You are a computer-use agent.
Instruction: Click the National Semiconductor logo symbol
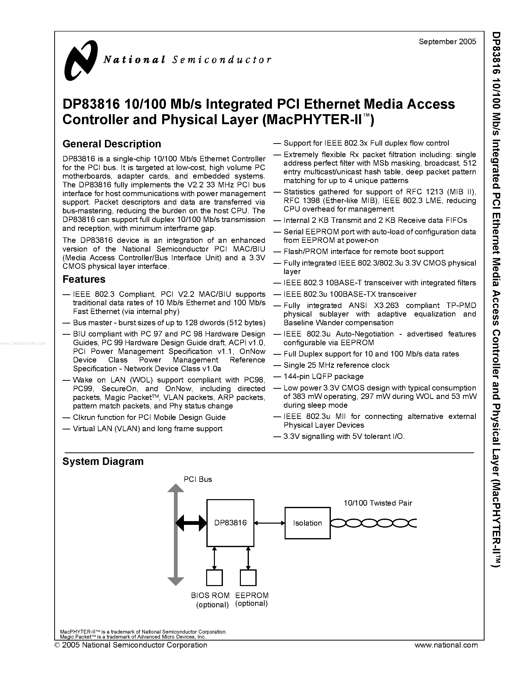tap(80, 60)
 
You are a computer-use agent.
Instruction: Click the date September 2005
tap(447, 41)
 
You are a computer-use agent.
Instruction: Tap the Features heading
tap(84, 279)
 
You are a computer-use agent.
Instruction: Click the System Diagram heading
tap(103, 461)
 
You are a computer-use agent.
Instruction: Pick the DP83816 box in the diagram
tap(230, 523)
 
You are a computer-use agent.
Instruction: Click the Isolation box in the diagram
tap(307, 523)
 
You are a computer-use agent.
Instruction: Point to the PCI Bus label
tap(198, 479)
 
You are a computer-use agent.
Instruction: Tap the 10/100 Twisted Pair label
tap(378, 503)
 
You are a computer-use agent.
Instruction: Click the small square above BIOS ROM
tap(214, 578)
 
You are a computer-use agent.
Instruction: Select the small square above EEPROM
tap(248, 578)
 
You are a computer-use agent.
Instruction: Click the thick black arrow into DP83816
tap(191, 523)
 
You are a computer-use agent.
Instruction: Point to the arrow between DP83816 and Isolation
tap(269, 523)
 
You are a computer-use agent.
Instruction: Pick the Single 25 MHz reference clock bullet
tap(336, 365)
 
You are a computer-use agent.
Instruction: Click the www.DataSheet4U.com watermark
tap(23, 343)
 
